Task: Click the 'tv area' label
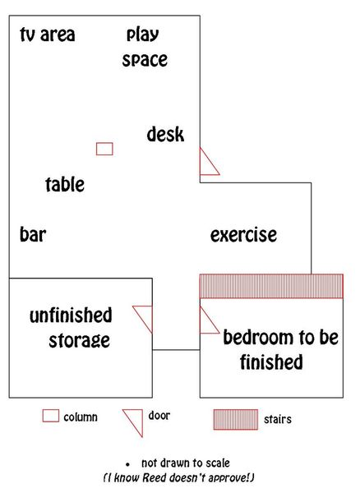click(48, 35)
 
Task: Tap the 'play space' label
click(145, 48)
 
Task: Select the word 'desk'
click(165, 134)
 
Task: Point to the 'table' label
click(65, 184)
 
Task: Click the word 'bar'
click(33, 234)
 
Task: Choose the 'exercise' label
click(243, 235)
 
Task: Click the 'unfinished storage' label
click(71, 328)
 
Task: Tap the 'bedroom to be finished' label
click(281, 349)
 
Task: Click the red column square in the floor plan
click(104, 149)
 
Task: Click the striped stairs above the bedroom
click(271, 286)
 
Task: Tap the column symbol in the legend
click(51, 416)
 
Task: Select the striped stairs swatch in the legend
click(236, 419)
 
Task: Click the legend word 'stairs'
click(278, 419)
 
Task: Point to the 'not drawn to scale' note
click(186, 463)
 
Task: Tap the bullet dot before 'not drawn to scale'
click(127, 464)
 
